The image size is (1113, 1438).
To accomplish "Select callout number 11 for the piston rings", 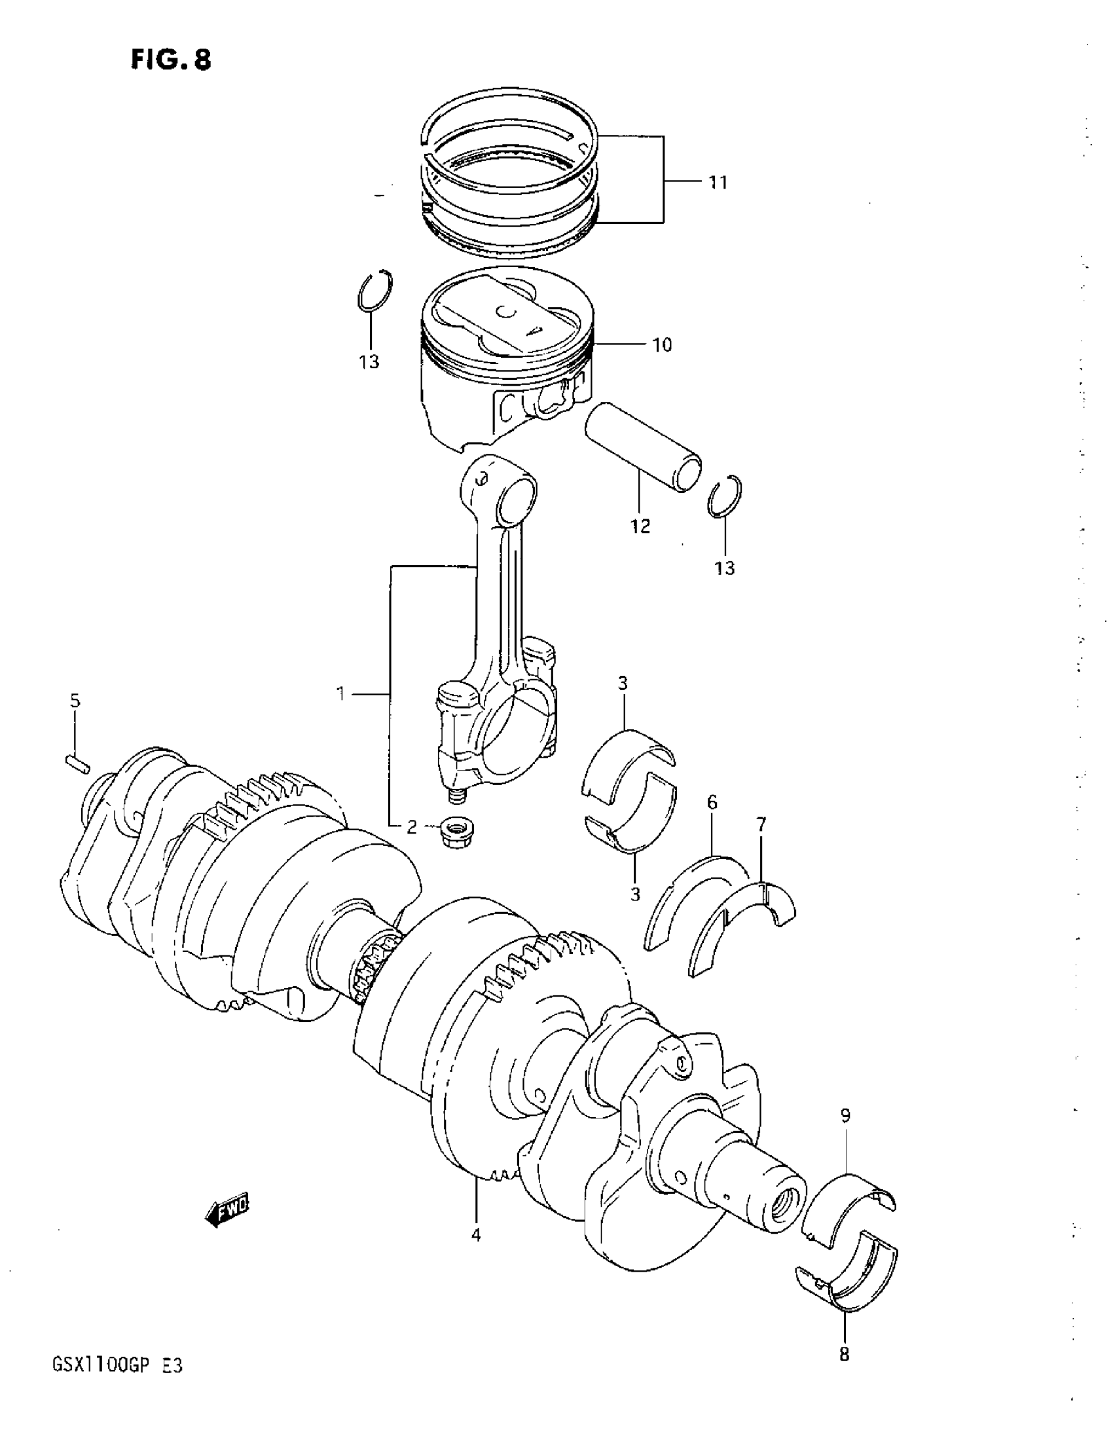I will point(718,183).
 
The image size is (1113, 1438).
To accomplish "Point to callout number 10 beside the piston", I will point(662,344).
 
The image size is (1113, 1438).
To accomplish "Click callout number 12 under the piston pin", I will point(640,526).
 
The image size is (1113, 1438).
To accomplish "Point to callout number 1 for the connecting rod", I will point(341,693).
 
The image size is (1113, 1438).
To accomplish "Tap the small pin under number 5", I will point(77,764).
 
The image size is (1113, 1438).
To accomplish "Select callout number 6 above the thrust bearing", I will point(712,803).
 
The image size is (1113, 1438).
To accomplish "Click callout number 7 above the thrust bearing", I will point(761,824).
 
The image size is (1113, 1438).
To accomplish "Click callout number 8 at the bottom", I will point(845,1354).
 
